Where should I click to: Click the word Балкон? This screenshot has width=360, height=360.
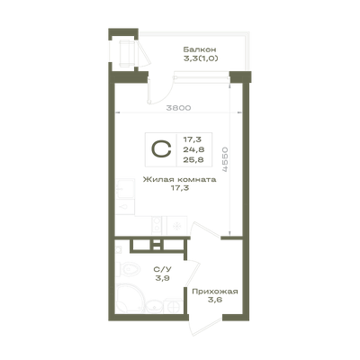[200, 49]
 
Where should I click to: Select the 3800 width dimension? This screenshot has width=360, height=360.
[178, 108]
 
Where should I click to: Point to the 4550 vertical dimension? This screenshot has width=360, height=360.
[225, 159]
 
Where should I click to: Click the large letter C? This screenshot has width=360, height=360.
[162, 149]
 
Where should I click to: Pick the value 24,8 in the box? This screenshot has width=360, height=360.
[193, 149]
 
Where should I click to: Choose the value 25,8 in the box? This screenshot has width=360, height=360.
[193, 159]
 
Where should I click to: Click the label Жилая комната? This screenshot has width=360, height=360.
[179, 180]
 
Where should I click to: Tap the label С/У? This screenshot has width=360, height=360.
[163, 270]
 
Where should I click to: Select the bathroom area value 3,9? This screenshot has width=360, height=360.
[163, 278]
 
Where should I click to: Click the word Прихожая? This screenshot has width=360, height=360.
[215, 292]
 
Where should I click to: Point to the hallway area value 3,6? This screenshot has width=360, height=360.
[215, 300]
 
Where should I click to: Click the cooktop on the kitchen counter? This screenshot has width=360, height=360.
[157, 225]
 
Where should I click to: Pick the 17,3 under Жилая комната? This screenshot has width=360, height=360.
[179, 188]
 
